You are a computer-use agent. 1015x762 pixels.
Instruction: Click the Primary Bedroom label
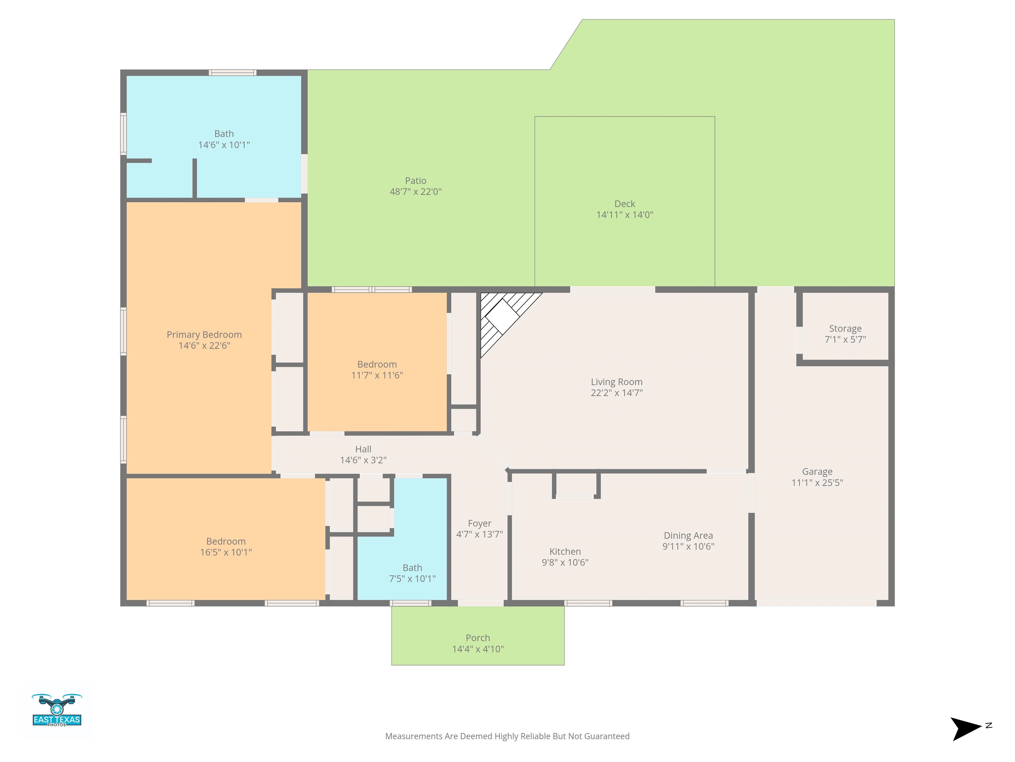pos(204,335)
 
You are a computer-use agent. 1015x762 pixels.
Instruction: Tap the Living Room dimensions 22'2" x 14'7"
pos(617,393)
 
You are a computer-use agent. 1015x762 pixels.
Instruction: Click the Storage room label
pos(845,328)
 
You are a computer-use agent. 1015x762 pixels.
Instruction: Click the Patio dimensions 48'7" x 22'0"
pos(416,191)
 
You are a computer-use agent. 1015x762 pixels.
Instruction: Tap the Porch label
pos(478,638)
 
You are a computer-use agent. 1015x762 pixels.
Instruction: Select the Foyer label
pos(479,524)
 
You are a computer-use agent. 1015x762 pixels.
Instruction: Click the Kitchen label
pos(565,552)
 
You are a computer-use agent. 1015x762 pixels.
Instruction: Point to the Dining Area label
pos(688,535)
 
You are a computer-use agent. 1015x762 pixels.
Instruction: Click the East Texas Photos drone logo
pos(57,710)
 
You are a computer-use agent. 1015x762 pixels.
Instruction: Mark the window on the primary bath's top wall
pos(233,72)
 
